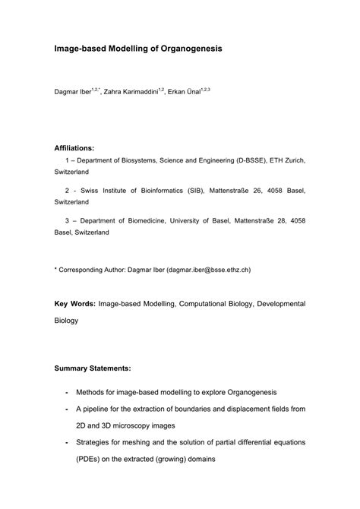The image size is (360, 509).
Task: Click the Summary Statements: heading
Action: (x=92, y=368)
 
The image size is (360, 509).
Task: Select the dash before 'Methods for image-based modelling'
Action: (x=69, y=393)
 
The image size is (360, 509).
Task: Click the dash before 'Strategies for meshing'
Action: (x=69, y=441)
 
